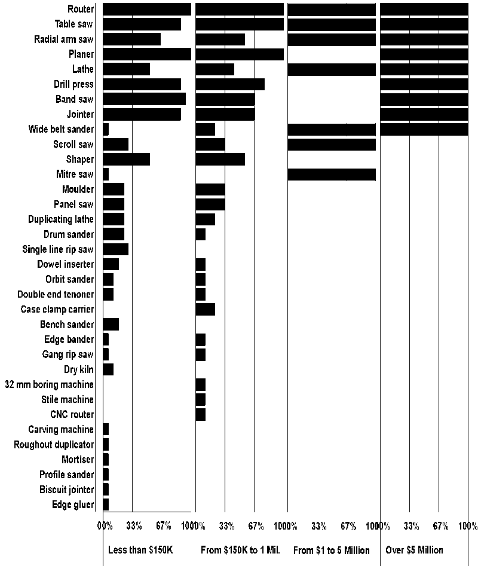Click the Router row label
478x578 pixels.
tap(81, 9)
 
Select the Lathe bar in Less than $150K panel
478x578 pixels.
tap(126, 69)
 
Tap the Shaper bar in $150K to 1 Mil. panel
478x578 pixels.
tap(220, 160)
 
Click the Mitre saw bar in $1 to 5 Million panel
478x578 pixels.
tap(332, 175)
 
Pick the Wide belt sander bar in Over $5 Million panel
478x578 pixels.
tap(424, 129)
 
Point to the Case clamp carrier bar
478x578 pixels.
tap(205, 310)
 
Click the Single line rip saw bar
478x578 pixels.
tap(116, 249)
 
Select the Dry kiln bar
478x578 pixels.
tap(108, 369)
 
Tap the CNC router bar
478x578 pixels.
tap(201, 415)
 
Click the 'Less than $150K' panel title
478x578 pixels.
tap(140, 550)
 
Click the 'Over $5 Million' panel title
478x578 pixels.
tap(415, 550)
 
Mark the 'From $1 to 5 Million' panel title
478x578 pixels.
tap(332, 550)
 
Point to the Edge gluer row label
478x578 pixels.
tap(73, 505)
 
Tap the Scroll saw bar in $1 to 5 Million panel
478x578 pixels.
tap(332, 144)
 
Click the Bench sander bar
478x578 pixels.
tap(111, 325)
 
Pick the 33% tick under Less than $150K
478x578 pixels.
tap(134, 526)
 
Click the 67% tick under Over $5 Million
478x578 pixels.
tap(440, 526)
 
